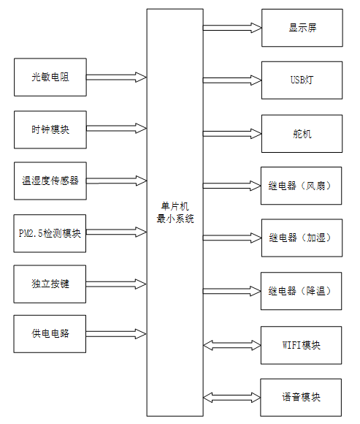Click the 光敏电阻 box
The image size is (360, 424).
pyautogui.click(x=50, y=77)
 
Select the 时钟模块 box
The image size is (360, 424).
pyautogui.click(x=50, y=129)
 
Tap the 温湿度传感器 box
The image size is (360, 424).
pyautogui.click(x=50, y=181)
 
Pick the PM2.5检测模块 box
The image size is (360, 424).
pyautogui.click(x=50, y=234)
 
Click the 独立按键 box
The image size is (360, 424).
pyautogui.click(x=50, y=284)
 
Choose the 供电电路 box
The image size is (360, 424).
pyautogui.click(x=50, y=334)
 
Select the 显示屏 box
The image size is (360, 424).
pyautogui.click(x=302, y=28)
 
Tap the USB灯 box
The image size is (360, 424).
pyautogui.click(x=302, y=80)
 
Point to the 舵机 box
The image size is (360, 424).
pyautogui.click(x=302, y=134)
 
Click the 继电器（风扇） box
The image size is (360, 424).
pyautogui.click(x=302, y=186)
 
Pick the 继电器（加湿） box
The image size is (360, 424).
pyautogui.click(x=302, y=238)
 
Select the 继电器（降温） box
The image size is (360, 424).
pyautogui.click(x=302, y=291)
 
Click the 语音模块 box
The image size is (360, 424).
pyautogui.click(x=302, y=398)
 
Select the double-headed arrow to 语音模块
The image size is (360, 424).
pyautogui.click(x=232, y=398)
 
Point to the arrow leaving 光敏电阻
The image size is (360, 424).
pyautogui.click(x=116, y=76)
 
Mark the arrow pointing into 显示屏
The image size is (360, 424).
pyautogui.click(x=232, y=28)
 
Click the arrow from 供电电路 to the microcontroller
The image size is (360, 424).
pyautogui.click(x=116, y=334)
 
